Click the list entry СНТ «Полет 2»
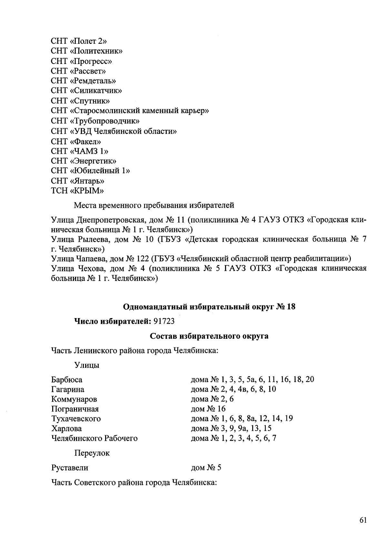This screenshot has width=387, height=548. click(79, 41)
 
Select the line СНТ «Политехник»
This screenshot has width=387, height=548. click(86, 51)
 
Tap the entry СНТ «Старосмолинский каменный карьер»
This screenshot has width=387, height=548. click(130, 111)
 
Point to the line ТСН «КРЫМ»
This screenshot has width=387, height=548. click(77, 191)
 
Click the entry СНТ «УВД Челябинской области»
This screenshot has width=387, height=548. click(114, 131)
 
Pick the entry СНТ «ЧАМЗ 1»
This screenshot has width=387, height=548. click(80, 151)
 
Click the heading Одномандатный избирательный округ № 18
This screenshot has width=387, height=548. click(209, 307)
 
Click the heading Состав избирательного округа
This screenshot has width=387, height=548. click(209, 336)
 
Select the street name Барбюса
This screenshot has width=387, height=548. click(67, 379)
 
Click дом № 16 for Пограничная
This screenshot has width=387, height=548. click(208, 409)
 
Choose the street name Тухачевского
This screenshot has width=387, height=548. click(76, 419)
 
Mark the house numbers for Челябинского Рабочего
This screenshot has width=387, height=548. click(233, 438)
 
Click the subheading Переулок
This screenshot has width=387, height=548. click(92, 453)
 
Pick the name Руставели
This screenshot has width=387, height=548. click(70, 468)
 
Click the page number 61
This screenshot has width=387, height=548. click(363, 520)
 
